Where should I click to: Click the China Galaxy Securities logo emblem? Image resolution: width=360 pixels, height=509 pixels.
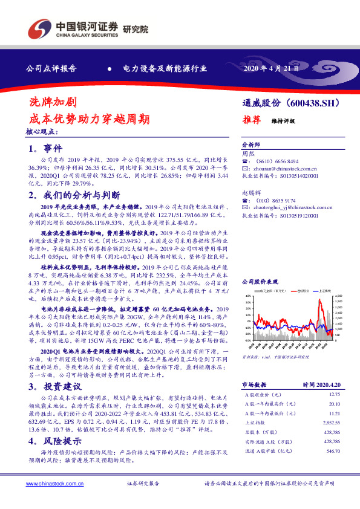click(38, 28)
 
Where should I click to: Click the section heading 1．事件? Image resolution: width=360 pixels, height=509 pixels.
click(45, 148)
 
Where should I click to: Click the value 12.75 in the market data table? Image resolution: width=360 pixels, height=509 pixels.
click(334, 393)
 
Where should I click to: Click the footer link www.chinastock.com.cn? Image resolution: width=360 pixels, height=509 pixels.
click(51, 484)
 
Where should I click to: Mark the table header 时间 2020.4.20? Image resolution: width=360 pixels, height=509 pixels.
click(321, 384)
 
